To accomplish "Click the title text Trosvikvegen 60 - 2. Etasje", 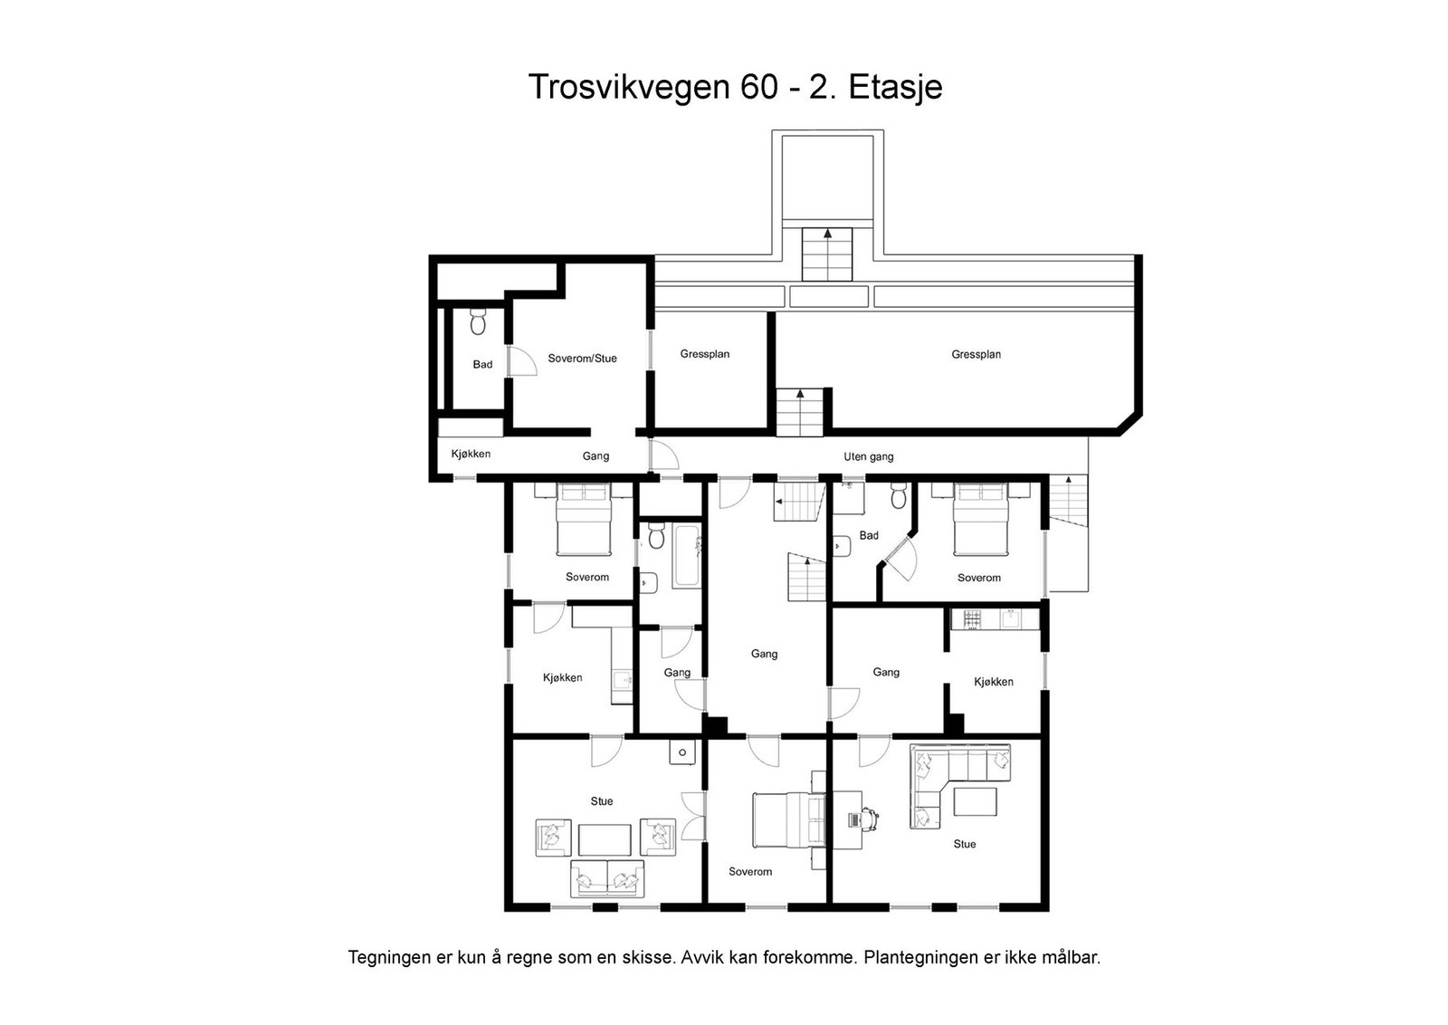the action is (735, 87).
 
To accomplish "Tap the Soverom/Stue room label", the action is (583, 359).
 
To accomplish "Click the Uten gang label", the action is (868, 457).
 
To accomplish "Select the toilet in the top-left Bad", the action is (478, 321).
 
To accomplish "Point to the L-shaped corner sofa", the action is (960, 785).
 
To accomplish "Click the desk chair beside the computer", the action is (871, 819).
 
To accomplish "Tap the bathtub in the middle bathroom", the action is (687, 556).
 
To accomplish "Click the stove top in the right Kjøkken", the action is (972, 618).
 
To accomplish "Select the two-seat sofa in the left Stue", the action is (607, 878).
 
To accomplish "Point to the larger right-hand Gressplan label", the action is (976, 354).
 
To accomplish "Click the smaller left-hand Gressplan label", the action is (705, 354).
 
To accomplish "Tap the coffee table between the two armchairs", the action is (605, 839).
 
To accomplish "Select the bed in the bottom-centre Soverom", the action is (788, 820).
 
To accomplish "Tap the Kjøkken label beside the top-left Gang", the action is (471, 454).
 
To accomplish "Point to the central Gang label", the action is (764, 654).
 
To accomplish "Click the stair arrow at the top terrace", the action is (827, 234).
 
